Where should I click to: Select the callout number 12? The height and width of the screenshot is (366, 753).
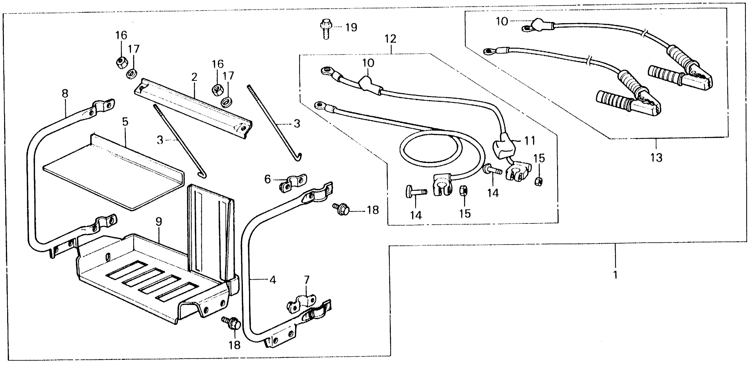(391, 39)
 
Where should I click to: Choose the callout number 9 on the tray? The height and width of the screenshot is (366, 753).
(158, 222)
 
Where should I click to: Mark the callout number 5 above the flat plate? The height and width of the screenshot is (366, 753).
(125, 122)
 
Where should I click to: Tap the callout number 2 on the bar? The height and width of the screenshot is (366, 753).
(194, 77)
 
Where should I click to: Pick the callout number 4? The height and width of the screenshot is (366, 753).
(272, 280)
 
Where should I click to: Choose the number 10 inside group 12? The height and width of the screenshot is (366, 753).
(368, 63)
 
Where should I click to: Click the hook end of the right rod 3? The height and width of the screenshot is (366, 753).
(299, 158)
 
